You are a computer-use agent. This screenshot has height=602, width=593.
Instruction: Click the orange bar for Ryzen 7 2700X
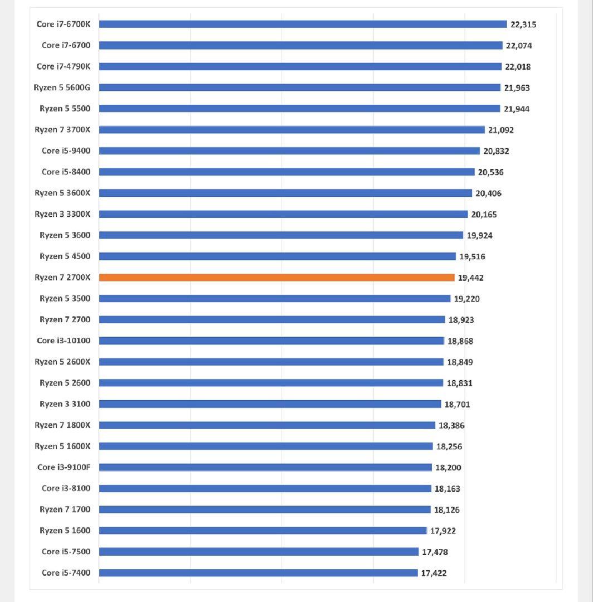click(x=276, y=278)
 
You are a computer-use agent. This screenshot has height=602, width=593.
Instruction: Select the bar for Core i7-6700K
click(x=303, y=24)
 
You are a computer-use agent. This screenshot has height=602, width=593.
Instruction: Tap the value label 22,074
click(x=518, y=46)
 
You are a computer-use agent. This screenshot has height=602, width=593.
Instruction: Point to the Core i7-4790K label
click(x=63, y=66)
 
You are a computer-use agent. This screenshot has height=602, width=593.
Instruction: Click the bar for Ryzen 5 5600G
click(x=299, y=88)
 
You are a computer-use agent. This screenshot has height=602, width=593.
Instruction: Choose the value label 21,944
click(x=517, y=109)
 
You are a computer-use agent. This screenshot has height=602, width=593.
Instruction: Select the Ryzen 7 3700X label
click(x=62, y=130)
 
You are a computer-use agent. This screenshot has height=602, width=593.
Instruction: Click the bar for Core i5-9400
click(x=289, y=151)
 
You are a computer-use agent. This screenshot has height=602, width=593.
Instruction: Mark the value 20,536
click(x=490, y=172)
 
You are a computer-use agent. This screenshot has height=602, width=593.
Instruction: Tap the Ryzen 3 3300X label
click(x=62, y=214)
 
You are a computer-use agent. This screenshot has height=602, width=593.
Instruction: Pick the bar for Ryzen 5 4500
click(x=277, y=256)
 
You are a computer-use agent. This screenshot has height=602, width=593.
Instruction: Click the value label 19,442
click(x=471, y=278)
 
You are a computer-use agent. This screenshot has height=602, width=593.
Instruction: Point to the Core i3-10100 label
click(x=64, y=341)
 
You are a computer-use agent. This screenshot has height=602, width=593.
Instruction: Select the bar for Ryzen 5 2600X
click(x=271, y=362)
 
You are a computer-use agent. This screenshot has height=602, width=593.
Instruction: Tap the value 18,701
click(x=457, y=404)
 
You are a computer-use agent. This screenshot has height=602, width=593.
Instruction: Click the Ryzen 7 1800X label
click(x=62, y=425)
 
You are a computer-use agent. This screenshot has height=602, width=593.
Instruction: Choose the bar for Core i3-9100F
click(x=265, y=467)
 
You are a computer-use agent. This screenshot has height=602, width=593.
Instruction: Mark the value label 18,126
click(x=447, y=509)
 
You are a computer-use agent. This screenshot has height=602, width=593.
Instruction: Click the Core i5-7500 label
click(x=66, y=551)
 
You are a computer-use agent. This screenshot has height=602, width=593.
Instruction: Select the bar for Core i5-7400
click(x=258, y=572)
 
